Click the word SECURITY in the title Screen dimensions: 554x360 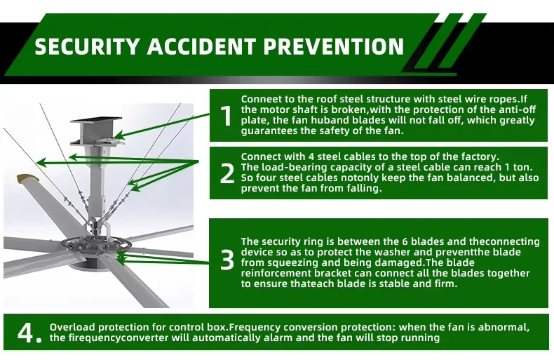(x=87, y=46)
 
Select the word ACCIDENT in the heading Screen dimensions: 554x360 (x=201, y=46)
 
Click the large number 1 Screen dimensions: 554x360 (x=226, y=116)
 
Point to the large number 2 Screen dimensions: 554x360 (x=227, y=173)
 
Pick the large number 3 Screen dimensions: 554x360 (x=227, y=260)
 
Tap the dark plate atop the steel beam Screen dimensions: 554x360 (x=96, y=120)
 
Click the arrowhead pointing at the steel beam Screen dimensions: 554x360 (x=119, y=135)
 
